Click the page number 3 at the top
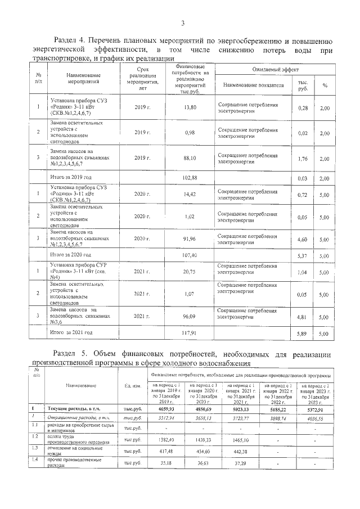click(183, 23)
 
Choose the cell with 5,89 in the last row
click(302, 333)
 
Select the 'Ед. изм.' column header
click(132, 385)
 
